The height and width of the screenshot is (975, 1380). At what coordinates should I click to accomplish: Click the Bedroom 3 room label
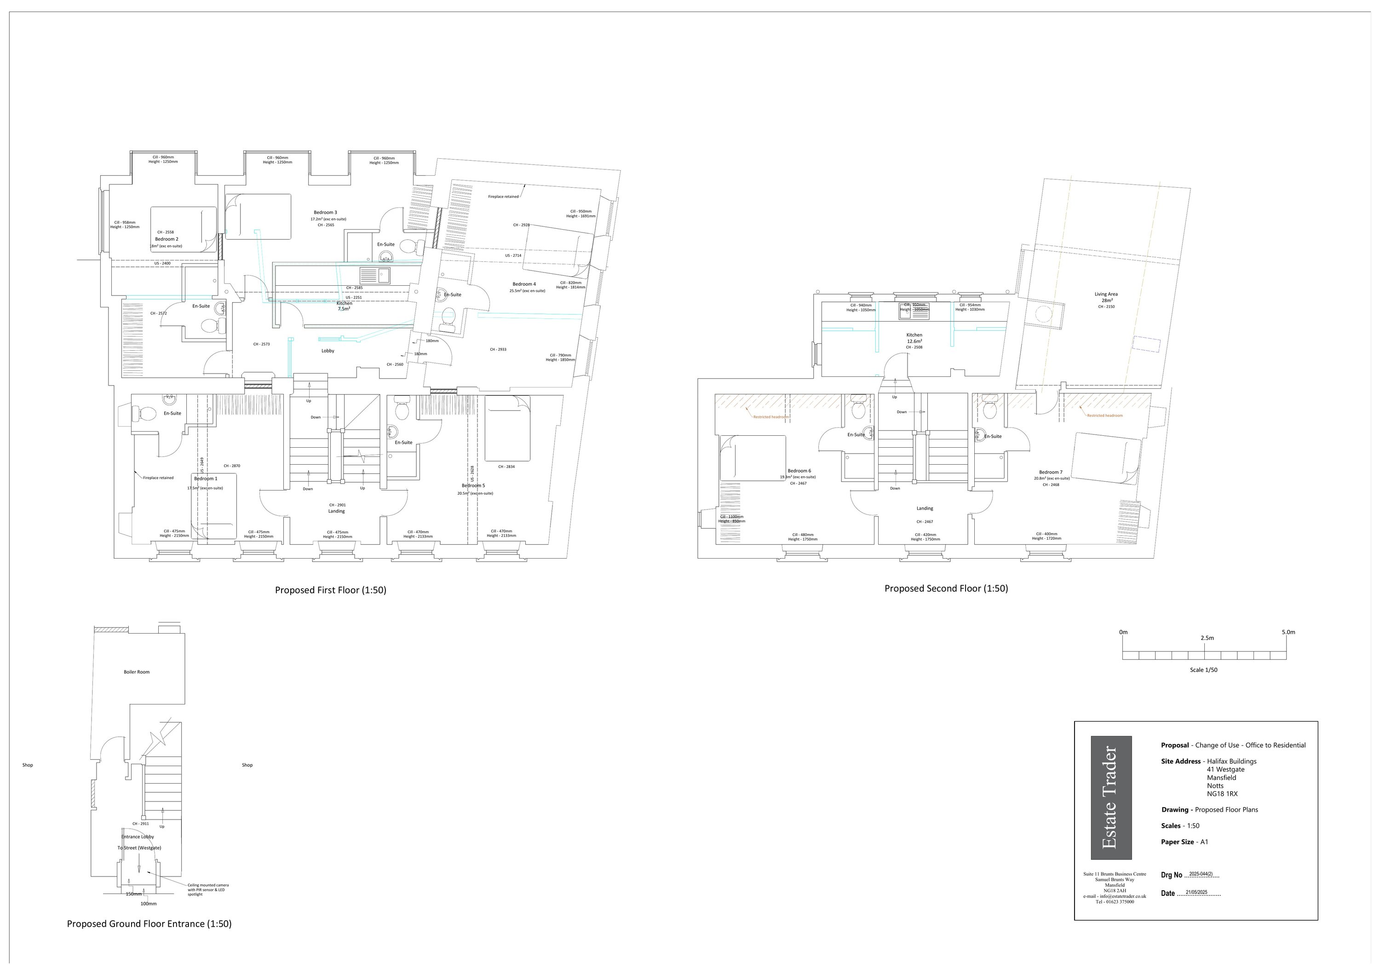[x=325, y=212]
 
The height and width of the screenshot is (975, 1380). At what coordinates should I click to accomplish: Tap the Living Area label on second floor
[x=1106, y=294]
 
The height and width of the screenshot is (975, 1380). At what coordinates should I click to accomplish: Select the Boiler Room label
[x=137, y=672]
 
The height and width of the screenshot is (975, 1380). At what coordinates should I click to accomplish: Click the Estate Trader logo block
[x=1111, y=798]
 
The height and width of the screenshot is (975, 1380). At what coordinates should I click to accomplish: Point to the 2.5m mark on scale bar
[x=1207, y=638]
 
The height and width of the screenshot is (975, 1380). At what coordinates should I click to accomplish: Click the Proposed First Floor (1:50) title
[x=331, y=590]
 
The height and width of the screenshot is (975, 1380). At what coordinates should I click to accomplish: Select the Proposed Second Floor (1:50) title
[x=946, y=588]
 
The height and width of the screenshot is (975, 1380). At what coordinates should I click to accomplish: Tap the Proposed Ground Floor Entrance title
[x=149, y=924]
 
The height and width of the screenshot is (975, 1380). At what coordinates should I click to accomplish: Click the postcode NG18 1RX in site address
[x=1222, y=793]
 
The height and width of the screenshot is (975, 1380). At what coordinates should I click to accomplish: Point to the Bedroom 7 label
[x=1051, y=473]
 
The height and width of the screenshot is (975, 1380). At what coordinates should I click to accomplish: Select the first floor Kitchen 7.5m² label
[x=344, y=306]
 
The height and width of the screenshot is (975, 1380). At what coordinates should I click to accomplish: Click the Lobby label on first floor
[x=328, y=351]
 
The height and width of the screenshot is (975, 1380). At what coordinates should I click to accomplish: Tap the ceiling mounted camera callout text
[x=208, y=889]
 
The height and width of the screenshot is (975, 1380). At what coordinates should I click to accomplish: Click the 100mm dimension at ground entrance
[x=149, y=904]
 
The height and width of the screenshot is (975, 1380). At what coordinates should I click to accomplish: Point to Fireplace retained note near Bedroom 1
[x=158, y=478]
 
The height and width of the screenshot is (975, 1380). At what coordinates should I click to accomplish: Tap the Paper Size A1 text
[x=1184, y=842]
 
